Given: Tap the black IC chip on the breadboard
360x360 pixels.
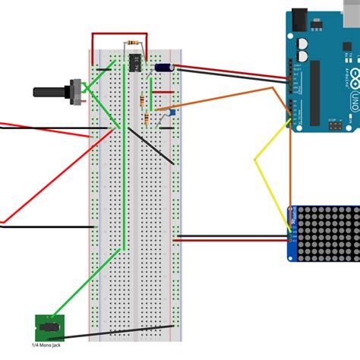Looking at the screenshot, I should [137, 60].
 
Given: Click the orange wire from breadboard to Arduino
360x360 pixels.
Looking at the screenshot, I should [228, 97].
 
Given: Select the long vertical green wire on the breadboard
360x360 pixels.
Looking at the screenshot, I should [124, 190].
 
